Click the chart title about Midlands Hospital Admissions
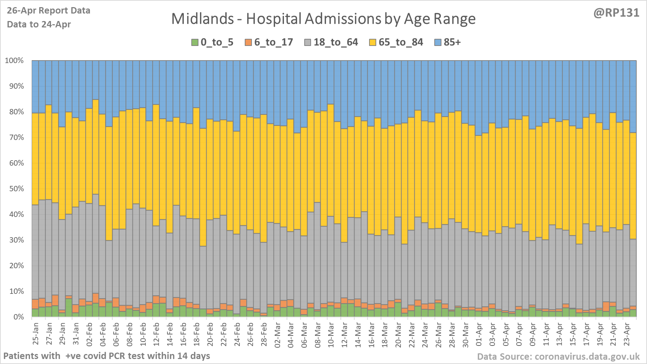323,19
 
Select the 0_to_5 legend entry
212,42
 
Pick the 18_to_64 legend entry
331,42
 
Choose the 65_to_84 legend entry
396,42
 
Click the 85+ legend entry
448,42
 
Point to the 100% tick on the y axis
14,61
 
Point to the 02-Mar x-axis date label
278,335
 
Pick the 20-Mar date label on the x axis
398,335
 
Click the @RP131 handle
616,13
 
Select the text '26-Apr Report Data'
48,11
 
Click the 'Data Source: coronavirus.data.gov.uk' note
558,357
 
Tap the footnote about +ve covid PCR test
107,356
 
